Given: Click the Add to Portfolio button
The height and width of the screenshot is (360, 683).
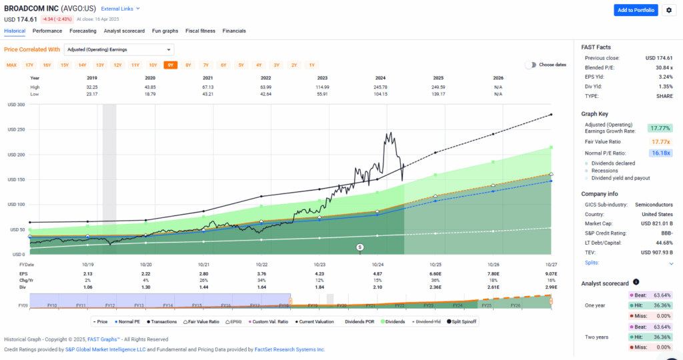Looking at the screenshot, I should point(636,10).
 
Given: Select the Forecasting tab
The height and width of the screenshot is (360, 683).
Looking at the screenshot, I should point(83,31).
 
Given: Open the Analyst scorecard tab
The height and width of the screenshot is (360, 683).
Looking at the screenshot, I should point(124,31).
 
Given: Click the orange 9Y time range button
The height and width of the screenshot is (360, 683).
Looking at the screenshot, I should point(170,65).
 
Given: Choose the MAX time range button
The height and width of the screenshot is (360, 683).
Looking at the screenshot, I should point(11,65).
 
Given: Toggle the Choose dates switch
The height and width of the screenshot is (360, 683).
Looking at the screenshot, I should point(530,65).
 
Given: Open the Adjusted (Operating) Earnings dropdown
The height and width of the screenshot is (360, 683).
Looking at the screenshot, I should point(119,49).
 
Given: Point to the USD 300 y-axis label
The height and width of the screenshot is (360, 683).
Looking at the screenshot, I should point(16,105).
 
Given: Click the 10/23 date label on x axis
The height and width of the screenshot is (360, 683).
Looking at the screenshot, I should point(319,265).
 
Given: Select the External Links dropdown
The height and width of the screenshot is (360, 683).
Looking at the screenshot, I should point(120,9).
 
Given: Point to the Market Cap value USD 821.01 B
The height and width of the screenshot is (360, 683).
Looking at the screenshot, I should point(656,223).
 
